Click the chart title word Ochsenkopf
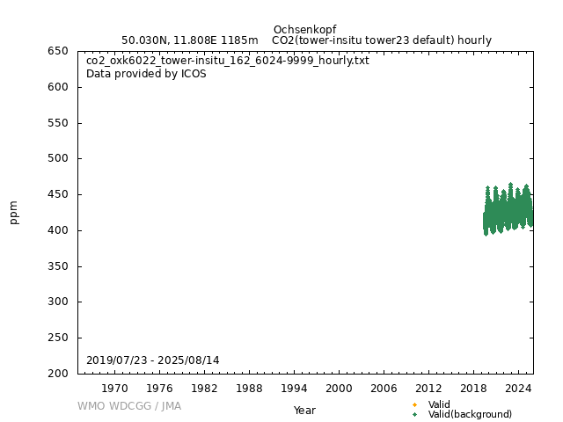point(304,30)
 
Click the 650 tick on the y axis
point(58,51)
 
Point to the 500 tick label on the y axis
point(58,159)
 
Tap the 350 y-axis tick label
point(58,266)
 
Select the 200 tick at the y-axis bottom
point(58,374)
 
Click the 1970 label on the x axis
point(114,388)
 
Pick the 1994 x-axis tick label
point(294,388)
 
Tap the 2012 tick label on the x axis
point(428,388)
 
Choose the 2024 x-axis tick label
point(518,388)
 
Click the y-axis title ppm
point(14,213)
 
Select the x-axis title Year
point(304,410)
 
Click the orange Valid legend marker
point(414,404)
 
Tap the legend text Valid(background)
point(470,414)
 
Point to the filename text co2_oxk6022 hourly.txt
point(228,61)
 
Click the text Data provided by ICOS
point(146,74)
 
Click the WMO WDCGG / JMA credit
point(129,406)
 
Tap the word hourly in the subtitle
point(475,40)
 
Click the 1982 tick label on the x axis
point(204,388)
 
